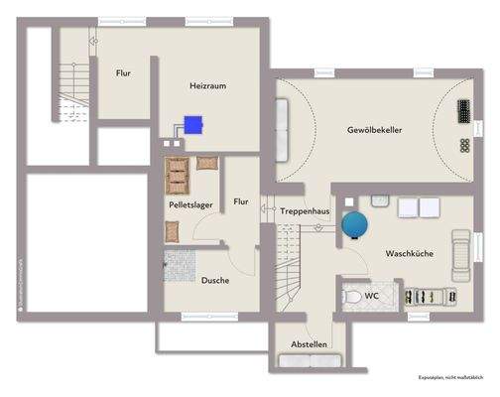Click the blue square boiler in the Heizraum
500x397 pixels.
pos(194,125)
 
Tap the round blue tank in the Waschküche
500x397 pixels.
pos(355,224)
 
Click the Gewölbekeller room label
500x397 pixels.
pos(374,130)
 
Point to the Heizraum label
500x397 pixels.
pos(208,86)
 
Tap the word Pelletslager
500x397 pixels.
pos(190,204)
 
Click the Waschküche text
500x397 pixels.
pos(409,254)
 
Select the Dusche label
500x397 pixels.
pos(215,280)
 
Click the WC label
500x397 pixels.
pos(371,295)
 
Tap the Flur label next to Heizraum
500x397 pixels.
pos(124,72)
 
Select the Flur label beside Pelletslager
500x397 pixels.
pos(241,201)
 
